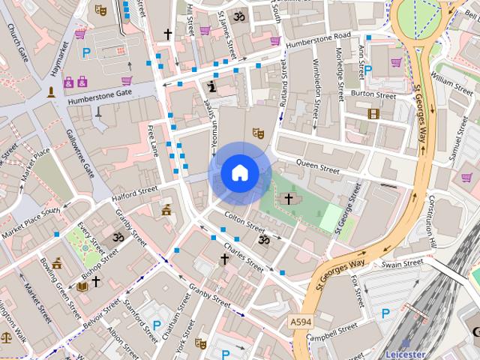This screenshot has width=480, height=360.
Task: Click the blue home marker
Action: [x=239, y=173]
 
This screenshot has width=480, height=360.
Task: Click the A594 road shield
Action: [x=300, y=321]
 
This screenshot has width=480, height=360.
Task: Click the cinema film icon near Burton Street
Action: [x=373, y=114]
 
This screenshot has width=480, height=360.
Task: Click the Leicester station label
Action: [x=405, y=353]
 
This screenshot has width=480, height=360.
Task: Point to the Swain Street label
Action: [x=402, y=264]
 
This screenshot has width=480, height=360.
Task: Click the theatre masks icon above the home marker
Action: [x=258, y=133]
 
